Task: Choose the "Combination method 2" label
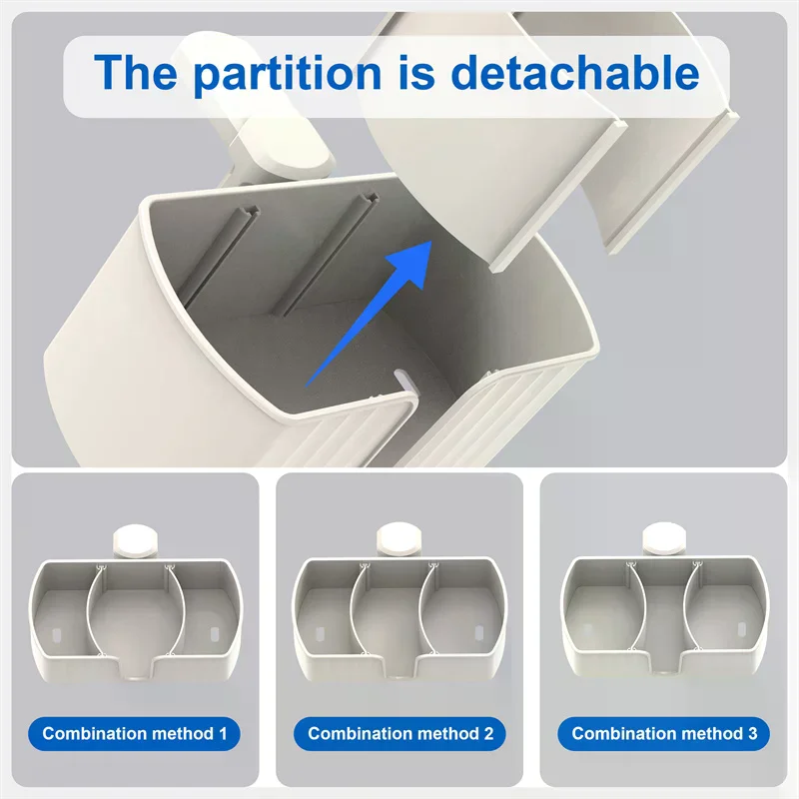[400, 734]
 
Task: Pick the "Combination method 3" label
[664, 734]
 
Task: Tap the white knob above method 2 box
[399, 539]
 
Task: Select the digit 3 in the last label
[752, 734]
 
